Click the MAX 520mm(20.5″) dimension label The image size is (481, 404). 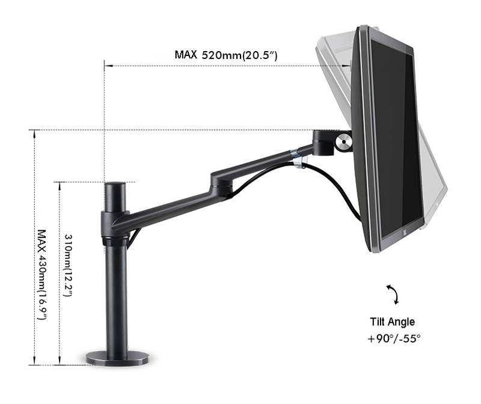tap(226, 55)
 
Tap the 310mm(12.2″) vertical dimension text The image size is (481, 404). tap(68, 265)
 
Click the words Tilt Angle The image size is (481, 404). tap(393, 322)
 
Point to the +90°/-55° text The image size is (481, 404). tap(394, 338)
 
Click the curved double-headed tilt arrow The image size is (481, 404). tap(393, 294)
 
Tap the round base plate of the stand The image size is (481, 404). tap(117, 358)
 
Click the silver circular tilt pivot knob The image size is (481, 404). tap(343, 141)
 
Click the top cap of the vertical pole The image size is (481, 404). tap(115, 185)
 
